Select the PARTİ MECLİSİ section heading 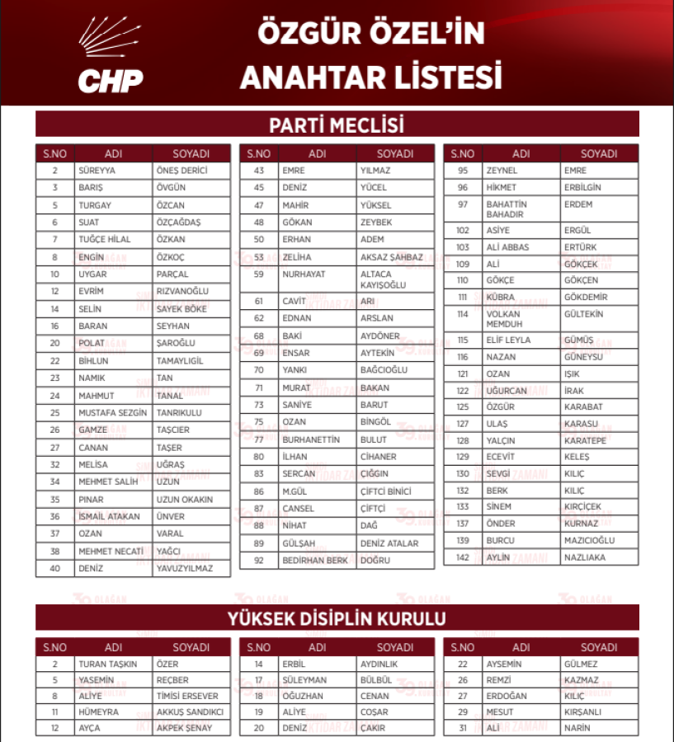click(x=337, y=125)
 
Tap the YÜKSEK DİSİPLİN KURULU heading click(x=337, y=618)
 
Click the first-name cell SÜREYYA click(x=97, y=171)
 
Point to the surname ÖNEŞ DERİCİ click(x=181, y=171)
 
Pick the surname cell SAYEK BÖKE click(x=181, y=308)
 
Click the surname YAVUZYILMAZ click(x=184, y=568)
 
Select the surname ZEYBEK click(x=376, y=223)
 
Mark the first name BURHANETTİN click(x=311, y=439)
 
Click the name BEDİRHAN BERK click(x=315, y=561)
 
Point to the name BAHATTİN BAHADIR click(x=506, y=209)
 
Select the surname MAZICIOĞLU click(x=590, y=541)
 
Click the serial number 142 click(x=463, y=558)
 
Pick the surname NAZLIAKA click(x=585, y=558)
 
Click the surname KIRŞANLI click(x=583, y=711)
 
